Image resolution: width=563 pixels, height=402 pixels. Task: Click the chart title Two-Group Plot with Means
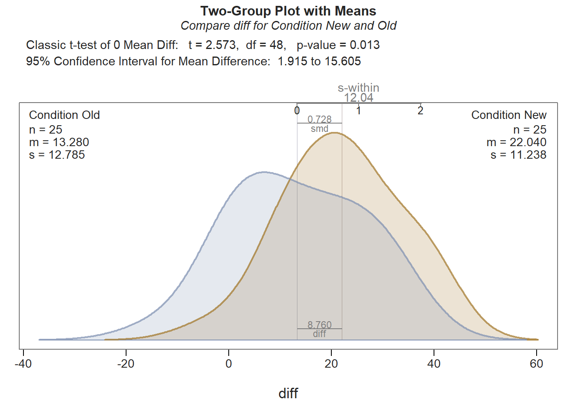point(288,11)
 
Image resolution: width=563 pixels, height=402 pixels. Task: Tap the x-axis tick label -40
point(23,363)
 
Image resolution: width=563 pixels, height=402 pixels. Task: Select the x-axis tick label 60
point(537,363)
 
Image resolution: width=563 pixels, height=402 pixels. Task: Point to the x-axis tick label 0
point(229,363)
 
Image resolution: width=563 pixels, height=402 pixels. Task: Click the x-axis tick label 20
point(331,363)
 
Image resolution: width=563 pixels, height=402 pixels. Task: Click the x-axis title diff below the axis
point(288,393)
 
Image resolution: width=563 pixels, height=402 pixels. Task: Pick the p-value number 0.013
point(364,45)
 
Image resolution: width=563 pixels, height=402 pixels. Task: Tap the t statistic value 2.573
point(220,45)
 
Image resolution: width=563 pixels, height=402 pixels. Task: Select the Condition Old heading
point(65,115)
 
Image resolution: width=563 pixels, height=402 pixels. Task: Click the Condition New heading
point(509,115)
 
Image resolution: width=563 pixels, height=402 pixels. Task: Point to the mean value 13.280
point(71,142)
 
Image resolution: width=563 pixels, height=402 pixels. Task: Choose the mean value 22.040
point(528,142)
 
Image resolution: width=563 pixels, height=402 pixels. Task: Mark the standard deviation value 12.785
point(67,155)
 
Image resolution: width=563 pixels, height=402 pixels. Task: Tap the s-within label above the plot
point(359,88)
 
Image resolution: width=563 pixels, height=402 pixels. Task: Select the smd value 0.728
point(320,119)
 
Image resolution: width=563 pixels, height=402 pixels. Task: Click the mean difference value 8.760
point(320,325)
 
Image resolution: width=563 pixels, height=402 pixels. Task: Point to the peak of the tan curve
point(335,133)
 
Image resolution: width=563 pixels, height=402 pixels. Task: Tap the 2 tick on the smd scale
point(421,111)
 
